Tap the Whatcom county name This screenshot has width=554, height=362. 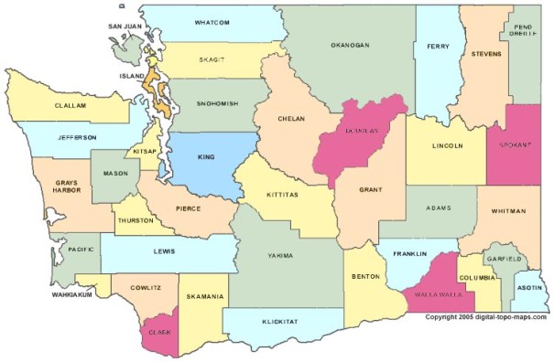212,21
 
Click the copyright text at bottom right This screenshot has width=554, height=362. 485,317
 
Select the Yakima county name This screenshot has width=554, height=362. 280,255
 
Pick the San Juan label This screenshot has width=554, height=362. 125,27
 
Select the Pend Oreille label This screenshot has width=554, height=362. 522,34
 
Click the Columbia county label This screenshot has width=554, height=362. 477,276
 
